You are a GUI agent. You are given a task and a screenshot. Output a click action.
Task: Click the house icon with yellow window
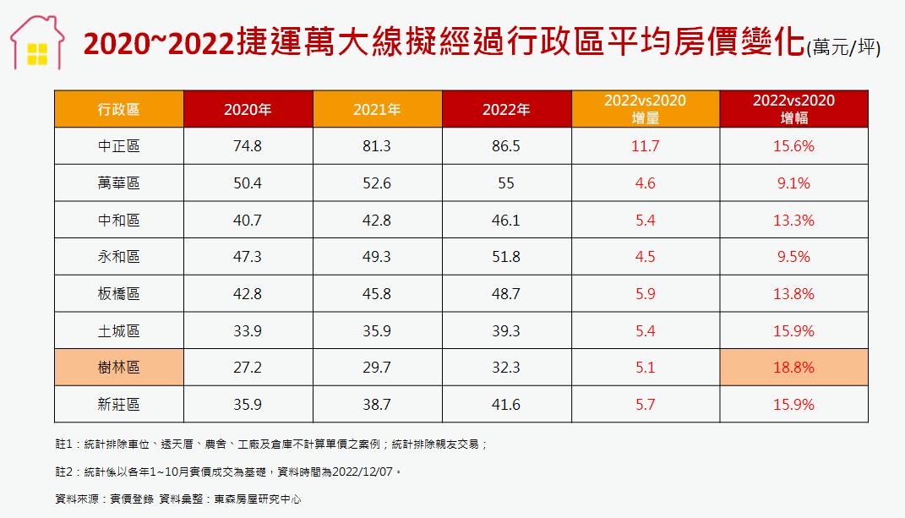pyautogui.click(x=37, y=43)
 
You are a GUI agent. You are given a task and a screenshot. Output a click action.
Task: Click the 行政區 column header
pyautogui.click(x=119, y=109)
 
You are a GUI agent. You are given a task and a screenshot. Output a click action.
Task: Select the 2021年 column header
pyautogui.click(x=377, y=109)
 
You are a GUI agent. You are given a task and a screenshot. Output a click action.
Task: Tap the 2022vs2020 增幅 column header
pyautogui.click(x=793, y=109)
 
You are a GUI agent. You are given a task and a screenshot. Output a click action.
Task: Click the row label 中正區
pyautogui.click(x=119, y=146)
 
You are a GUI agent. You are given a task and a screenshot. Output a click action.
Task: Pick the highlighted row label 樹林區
pyautogui.click(x=119, y=368)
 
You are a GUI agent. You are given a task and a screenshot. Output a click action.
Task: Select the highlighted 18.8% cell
pyautogui.click(x=793, y=368)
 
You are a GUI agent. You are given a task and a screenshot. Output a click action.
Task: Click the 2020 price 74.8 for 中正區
pyautogui.click(x=248, y=146)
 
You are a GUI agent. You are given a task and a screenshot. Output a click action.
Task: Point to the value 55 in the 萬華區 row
pyautogui.click(x=506, y=183)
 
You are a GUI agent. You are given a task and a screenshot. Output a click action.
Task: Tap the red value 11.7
pyautogui.click(x=645, y=146)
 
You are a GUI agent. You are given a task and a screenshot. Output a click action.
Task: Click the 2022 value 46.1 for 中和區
pyautogui.click(x=506, y=220)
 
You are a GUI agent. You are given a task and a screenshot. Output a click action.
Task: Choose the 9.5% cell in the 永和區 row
pyautogui.click(x=793, y=257)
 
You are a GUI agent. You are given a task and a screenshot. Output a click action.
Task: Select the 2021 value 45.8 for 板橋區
pyautogui.click(x=377, y=294)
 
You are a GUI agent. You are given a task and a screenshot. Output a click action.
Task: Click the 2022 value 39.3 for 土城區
pyautogui.click(x=506, y=331)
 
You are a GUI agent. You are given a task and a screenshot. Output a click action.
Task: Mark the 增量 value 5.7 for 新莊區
pyautogui.click(x=645, y=405)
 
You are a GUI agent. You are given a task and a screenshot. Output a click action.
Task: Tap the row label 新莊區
pyautogui.click(x=119, y=405)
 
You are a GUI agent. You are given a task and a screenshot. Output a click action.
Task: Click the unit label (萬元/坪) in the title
pyautogui.click(x=842, y=48)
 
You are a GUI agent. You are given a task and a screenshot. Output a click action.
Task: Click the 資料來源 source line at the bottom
pyautogui.click(x=177, y=499)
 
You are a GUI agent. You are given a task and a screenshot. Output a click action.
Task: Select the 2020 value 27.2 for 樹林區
pyautogui.click(x=248, y=368)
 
